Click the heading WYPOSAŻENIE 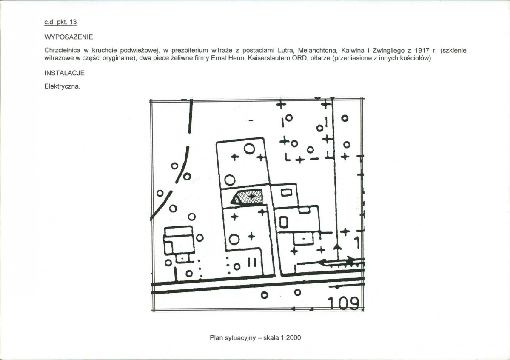(x=68, y=37)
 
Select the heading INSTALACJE (x=64, y=73)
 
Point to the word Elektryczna (x=62, y=86)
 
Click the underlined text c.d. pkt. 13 (x=60, y=22)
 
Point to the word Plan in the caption (x=216, y=337)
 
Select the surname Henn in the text (x=239, y=58)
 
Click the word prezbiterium (x=190, y=51)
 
